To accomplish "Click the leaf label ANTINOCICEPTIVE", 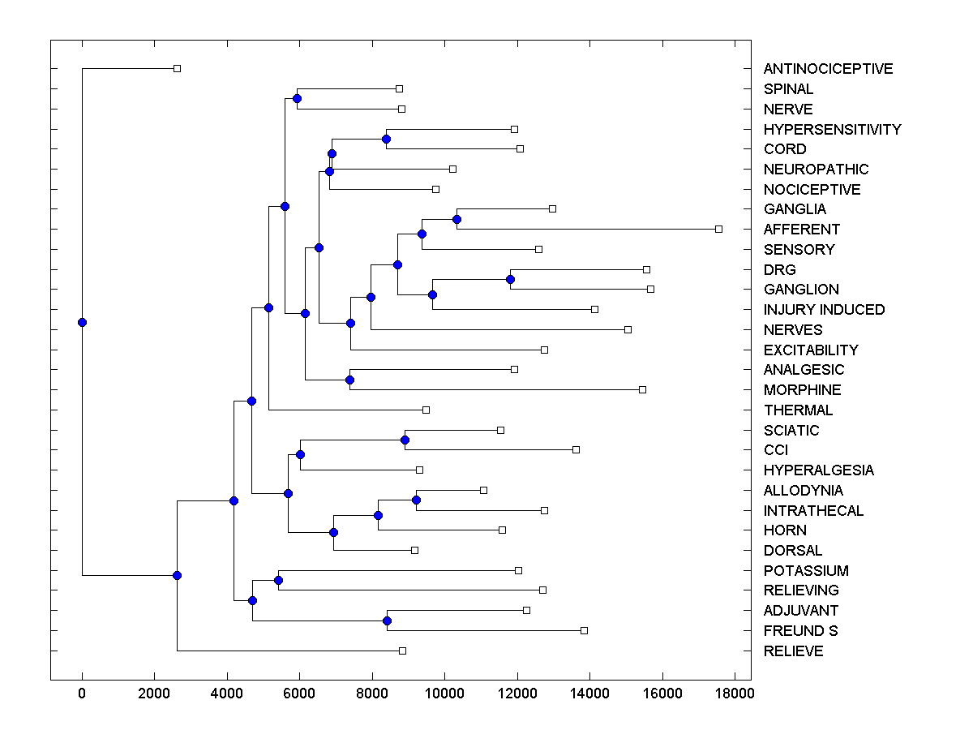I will pyautogui.click(x=828, y=69).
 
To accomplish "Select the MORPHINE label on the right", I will pyautogui.click(x=802, y=390).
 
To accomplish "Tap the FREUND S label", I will pyautogui.click(x=800, y=631).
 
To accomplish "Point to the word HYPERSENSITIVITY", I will pyautogui.click(x=832, y=130).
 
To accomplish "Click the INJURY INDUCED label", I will pyautogui.click(x=824, y=310).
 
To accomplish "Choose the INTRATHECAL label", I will pyautogui.click(x=813, y=511).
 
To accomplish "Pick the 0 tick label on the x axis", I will pyautogui.click(x=82, y=692).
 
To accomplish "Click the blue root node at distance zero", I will pyautogui.click(x=82, y=322).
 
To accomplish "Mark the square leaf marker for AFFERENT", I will pyautogui.click(x=718, y=230).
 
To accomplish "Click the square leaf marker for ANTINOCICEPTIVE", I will pyautogui.click(x=178, y=69).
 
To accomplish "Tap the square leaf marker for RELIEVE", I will pyautogui.click(x=402, y=651).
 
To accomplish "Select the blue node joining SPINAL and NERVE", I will pyautogui.click(x=297, y=99).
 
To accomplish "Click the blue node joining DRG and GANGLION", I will pyautogui.click(x=511, y=280).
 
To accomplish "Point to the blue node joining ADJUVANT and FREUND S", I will pyautogui.click(x=387, y=621).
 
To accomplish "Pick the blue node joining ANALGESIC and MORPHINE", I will pyautogui.click(x=350, y=380).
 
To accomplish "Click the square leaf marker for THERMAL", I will pyautogui.click(x=426, y=410).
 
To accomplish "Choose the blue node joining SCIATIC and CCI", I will pyautogui.click(x=405, y=440).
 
